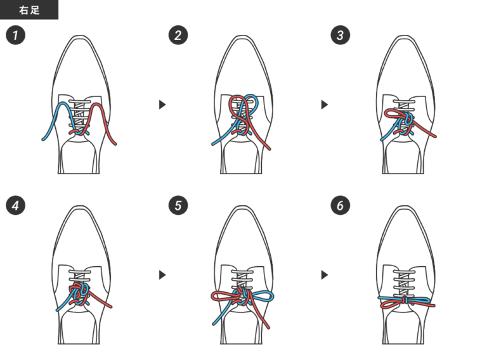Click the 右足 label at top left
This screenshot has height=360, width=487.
[x=29, y=10]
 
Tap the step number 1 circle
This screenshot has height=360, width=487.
[x=15, y=35]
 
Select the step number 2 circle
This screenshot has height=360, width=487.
[x=178, y=35]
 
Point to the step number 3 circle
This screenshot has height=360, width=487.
[x=341, y=35]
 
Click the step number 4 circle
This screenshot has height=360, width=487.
[x=15, y=205]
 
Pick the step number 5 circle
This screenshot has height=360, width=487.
[x=178, y=205]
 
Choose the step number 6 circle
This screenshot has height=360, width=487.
[x=341, y=205]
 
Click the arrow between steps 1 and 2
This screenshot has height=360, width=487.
[x=162, y=105]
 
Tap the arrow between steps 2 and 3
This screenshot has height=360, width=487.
[x=325, y=105]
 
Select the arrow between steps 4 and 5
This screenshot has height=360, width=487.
[x=162, y=274]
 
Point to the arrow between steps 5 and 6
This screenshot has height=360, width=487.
[x=325, y=274]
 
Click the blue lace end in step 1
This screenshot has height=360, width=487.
[x=43, y=139]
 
